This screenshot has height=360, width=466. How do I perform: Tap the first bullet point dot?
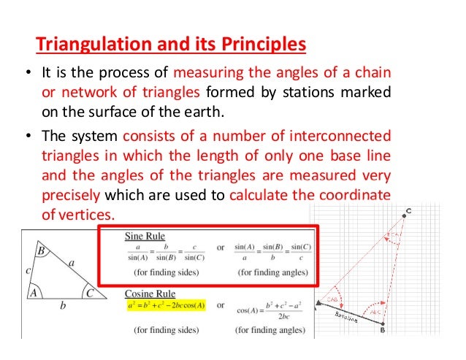click(x=26, y=75)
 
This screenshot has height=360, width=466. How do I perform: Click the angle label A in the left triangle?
click(x=32, y=293)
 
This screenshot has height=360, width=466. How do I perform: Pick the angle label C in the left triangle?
click(x=89, y=293)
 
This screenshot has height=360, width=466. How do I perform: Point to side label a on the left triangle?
click(x=71, y=259)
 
